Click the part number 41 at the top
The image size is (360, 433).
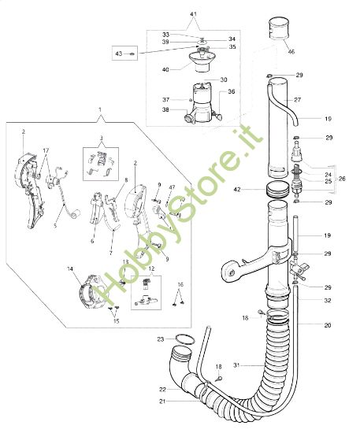(x=195, y=16)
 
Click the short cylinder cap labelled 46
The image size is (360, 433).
(x=280, y=31)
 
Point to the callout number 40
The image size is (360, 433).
(x=165, y=69)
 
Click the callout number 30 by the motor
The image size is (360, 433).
(x=223, y=80)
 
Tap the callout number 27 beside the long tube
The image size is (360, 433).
(x=298, y=101)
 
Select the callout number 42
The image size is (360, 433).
(x=237, y=189)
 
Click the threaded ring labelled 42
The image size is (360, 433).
(x=276, y=190)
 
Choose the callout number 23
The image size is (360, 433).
(x=160, y=339)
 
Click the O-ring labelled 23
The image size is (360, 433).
(x=184, y=340)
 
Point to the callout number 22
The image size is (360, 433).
(x=161, y=389)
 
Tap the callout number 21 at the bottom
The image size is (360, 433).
(x=161, y=402)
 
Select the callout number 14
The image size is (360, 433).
(x=70, y=269)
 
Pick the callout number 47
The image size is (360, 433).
(x=172, y=186)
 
